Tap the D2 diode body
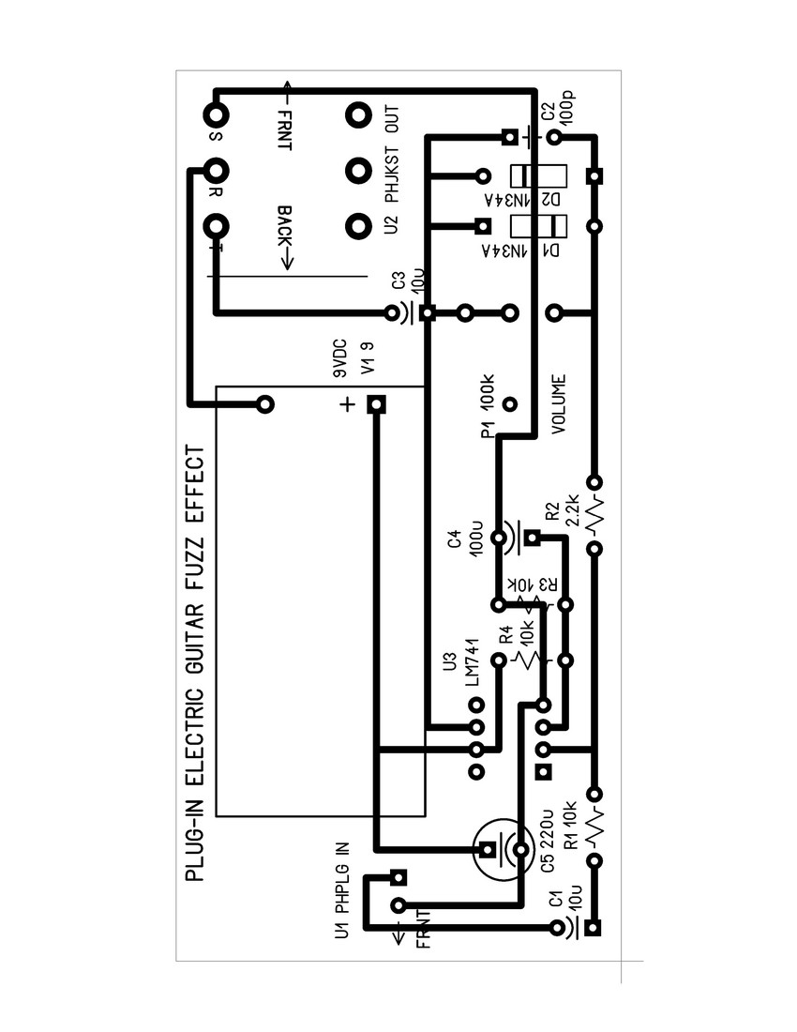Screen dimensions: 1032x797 coord(538,175)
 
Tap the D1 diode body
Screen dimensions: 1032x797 coord(538,226)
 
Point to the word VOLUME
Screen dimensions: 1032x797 coord(559,404)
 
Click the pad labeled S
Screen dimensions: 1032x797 coord(217,115)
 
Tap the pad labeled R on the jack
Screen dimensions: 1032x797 coord(217,171)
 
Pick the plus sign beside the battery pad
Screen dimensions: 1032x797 coord(346,405)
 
